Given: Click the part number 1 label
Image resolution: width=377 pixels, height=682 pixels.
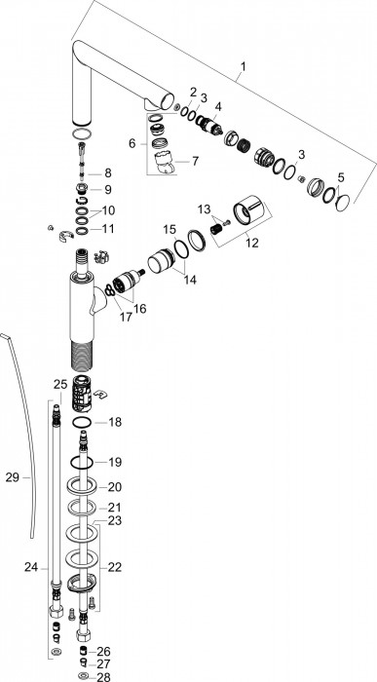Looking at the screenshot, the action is click(x=244, y=66).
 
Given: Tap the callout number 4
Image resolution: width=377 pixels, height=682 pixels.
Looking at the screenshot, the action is click(x=218, y=106).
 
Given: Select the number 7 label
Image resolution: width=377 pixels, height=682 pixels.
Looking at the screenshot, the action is click(x=195, y=161).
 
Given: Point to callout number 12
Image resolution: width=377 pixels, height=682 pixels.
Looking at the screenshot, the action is click(x=251, y=243).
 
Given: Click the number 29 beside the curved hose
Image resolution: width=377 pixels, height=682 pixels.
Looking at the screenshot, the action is click(x=13, y=477).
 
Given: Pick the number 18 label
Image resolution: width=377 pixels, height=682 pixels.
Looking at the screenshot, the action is click(x=115, y=422).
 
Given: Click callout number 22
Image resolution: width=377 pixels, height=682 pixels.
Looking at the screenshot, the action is click(x=115, y=567).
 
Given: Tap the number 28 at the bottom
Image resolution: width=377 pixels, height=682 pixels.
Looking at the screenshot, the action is click(x=103, y=677).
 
